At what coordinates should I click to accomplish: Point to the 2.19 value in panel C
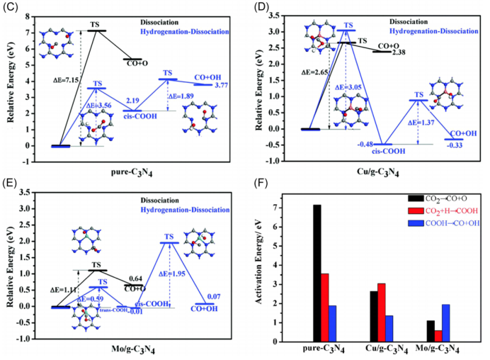point(132,102)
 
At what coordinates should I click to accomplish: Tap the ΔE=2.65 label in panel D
point(315,72)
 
